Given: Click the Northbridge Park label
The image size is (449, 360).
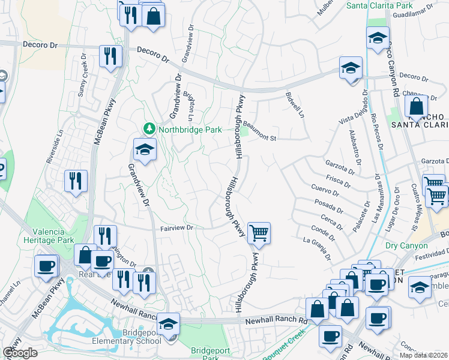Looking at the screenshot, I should click(190, 129).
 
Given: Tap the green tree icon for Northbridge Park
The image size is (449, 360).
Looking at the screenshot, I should click(148, 128).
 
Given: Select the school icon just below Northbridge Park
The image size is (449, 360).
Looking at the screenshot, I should click(145, 151).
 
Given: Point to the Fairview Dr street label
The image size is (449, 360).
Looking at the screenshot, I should click(176, 228).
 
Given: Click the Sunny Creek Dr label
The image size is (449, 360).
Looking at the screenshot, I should click(82, 77).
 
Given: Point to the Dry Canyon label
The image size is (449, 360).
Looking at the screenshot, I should click(407, 245).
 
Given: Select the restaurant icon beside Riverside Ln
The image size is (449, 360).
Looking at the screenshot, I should click(76, 181).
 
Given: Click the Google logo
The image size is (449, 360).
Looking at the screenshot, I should click(20, 353).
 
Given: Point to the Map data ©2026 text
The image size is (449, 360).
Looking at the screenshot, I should click(424, 355).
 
